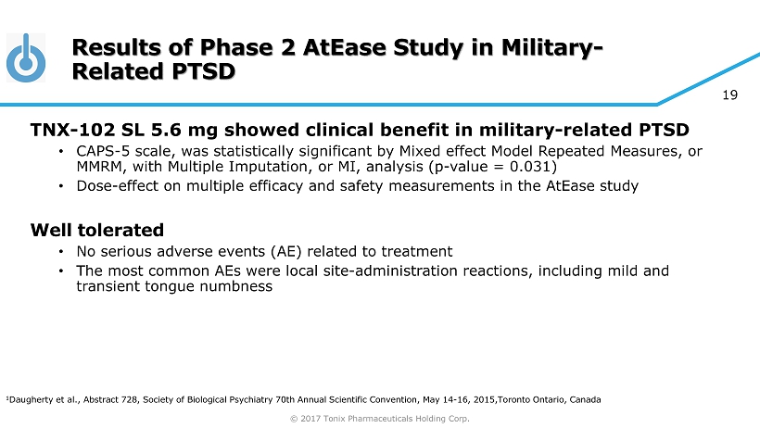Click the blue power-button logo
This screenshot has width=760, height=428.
(x=26, y=58)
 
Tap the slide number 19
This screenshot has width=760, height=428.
(x=730, y=95)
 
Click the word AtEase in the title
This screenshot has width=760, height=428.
(x=345, y=47)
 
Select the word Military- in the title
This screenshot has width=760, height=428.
(x=552, y=47)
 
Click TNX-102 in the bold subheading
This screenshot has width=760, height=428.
(x=72, y=130)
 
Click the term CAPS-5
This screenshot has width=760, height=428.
(x=103, y=151)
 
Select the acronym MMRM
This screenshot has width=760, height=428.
(x=99, y=167)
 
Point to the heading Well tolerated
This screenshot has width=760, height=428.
(x=97, y=230)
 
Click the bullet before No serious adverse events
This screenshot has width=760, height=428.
(x=61, y=252)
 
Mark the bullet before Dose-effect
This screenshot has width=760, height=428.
(x=61, y=186)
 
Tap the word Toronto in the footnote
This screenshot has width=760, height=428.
(x=513, y=400)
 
